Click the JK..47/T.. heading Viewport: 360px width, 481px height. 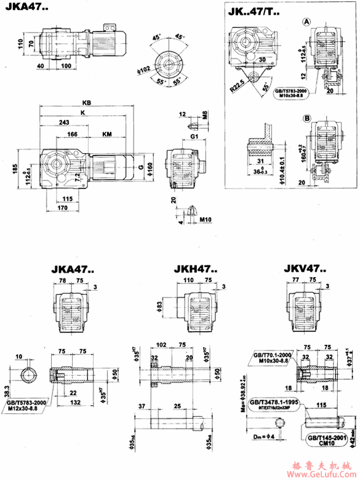[254, 11]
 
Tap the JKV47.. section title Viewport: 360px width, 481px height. [306, 269]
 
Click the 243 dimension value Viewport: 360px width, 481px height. [63, 123]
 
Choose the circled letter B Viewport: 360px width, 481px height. [306, 118]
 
